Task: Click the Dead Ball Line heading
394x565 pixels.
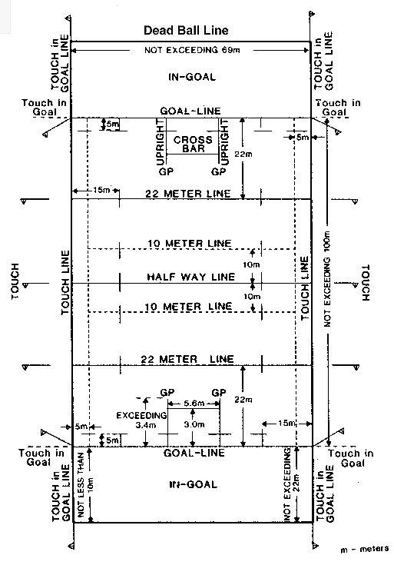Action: pyautogui.click(x=186, y=30)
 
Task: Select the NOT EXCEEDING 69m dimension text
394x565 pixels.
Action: pyautogui.click(x=192, y=50)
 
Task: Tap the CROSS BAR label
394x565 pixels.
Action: pyautogui.click(x=193, y=144)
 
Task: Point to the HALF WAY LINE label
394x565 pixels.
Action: pyautogui.click(x=191, y=277)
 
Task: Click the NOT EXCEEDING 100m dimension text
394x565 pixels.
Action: pyautogui.click(x=327, y=279)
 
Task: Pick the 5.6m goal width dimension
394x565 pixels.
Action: pyautogui.click(x=194, y=404)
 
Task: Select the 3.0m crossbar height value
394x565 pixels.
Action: pyautogui.click(x=194, y=424)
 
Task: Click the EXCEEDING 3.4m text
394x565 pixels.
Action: pyautogui.click(x=141, y=420)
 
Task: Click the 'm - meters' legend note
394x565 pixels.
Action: pyautogui.click(x=365, y=549)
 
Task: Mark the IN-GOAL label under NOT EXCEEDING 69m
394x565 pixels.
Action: pyautogui.click(x=192, y=77)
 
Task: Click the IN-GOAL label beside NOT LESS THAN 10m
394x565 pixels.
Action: pyautogui.click(x=193, y=484)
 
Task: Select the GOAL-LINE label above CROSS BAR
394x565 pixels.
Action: pyautogui.click(x=190, y=111)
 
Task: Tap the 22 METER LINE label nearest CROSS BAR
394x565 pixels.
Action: pyautogui.click(x=187, y=194)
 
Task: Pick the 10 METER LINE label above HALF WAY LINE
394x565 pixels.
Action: pyautogui.click(x=190, y=244)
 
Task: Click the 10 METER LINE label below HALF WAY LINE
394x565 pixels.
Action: pyautogui.click(x=188, y=307)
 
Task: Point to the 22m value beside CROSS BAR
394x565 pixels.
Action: pyautogui.click(x=243, y=155)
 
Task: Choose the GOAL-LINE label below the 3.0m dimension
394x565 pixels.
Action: pyautogui.click(x=194, y=453)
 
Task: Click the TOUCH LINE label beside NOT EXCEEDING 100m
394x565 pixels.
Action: pyautogui.click(x=305, y=288)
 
